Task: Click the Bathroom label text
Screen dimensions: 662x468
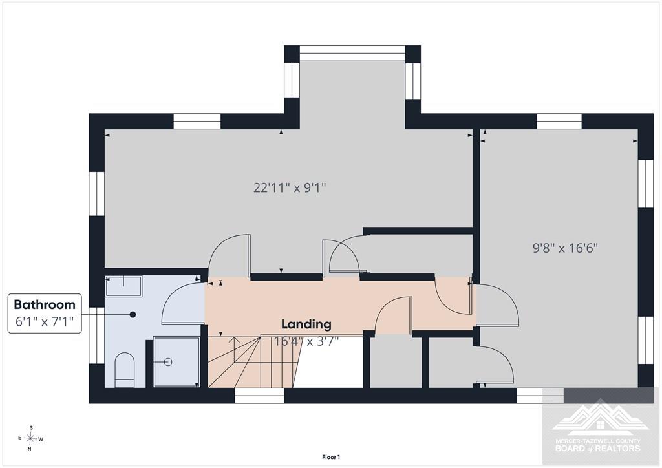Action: click(x=45, y=304)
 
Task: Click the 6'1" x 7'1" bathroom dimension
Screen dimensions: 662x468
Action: click(x=45, y=321)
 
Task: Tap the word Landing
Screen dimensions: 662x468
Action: click(x=306, y=324)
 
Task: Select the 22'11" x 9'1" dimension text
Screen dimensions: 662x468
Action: click(x=290, y=187)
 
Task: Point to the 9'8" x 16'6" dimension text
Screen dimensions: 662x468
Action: click(x=565, y=248)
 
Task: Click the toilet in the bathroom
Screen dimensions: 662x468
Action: click(x=125, y=370)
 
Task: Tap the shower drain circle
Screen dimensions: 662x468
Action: click(x=168, y=361)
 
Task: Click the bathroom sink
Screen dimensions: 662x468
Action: click(x=123, y=286)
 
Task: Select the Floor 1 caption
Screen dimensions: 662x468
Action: click(x=331, y=457)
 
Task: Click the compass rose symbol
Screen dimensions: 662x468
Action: click(x=30, y=438)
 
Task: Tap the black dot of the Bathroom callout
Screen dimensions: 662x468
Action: click(x=133, y=314)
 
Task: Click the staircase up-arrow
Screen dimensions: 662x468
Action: click(x=234, y=350)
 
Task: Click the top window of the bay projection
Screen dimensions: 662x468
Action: click(x=352, y=53)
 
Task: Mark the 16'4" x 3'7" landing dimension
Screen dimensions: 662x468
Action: click(x=306, y=341)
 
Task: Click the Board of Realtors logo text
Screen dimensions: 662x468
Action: click(x=597, y=445)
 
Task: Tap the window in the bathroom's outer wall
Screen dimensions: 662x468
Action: click(x=97, y=335)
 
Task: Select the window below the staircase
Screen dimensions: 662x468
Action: click(x=259, y=396)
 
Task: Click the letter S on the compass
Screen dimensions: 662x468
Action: click(x=31, y=427)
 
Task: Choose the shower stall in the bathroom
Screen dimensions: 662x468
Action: click(x=176, y=361)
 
